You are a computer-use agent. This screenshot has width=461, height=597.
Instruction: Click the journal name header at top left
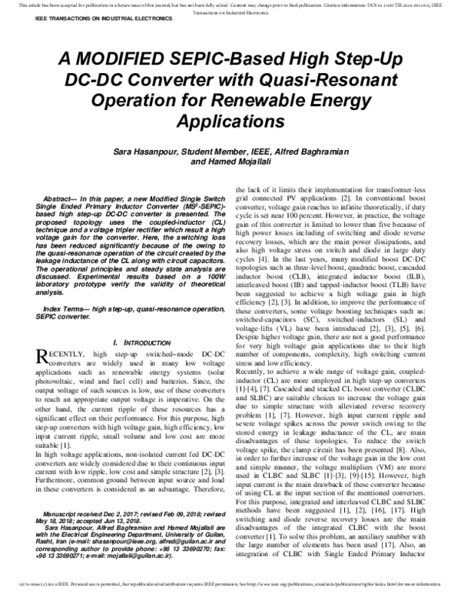pyautogui.click(x=74, y=15)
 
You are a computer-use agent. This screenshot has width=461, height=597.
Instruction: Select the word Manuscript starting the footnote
pyautogui.click(x=63, y=512)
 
